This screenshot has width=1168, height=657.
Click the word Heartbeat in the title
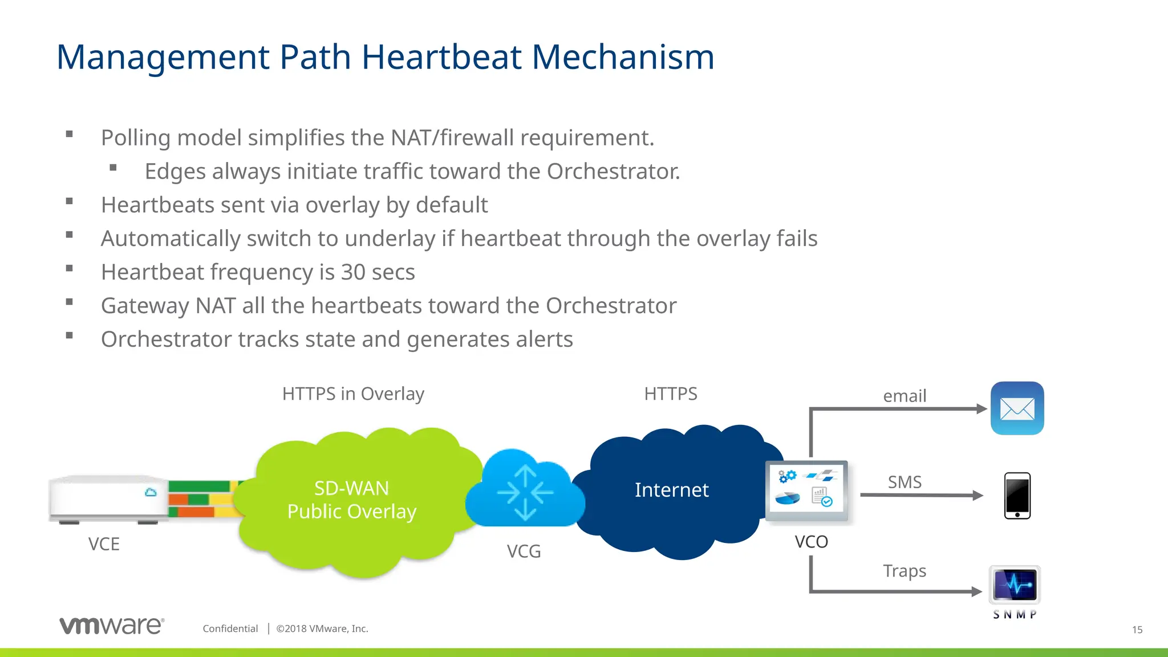tap(441, 58)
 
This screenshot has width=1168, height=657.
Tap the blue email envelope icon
tap(1017, 408)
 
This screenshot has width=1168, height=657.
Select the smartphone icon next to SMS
tap(1017, 496)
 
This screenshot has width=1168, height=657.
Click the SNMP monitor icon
tap(1015, 585)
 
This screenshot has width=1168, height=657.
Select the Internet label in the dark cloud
tap(671, 490)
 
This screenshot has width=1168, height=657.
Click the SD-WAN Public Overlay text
tap(352, 500)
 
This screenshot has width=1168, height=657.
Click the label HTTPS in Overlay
tap(353, 394)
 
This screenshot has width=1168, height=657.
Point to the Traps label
tap(904, 571)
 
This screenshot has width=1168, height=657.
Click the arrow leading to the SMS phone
tap(921, 495)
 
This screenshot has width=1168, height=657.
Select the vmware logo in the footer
tap(112, 626)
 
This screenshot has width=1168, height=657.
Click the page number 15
tap(1137, 630)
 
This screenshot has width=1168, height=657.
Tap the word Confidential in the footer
tap(230, 628)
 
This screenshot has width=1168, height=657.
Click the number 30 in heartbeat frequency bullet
tap(353, 273)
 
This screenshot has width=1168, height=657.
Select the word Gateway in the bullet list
tap(145, 306)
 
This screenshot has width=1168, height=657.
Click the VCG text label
tap(524, 551)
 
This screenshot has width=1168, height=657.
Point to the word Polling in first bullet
tap(136, 138)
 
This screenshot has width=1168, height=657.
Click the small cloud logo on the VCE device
tap(151, 492)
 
